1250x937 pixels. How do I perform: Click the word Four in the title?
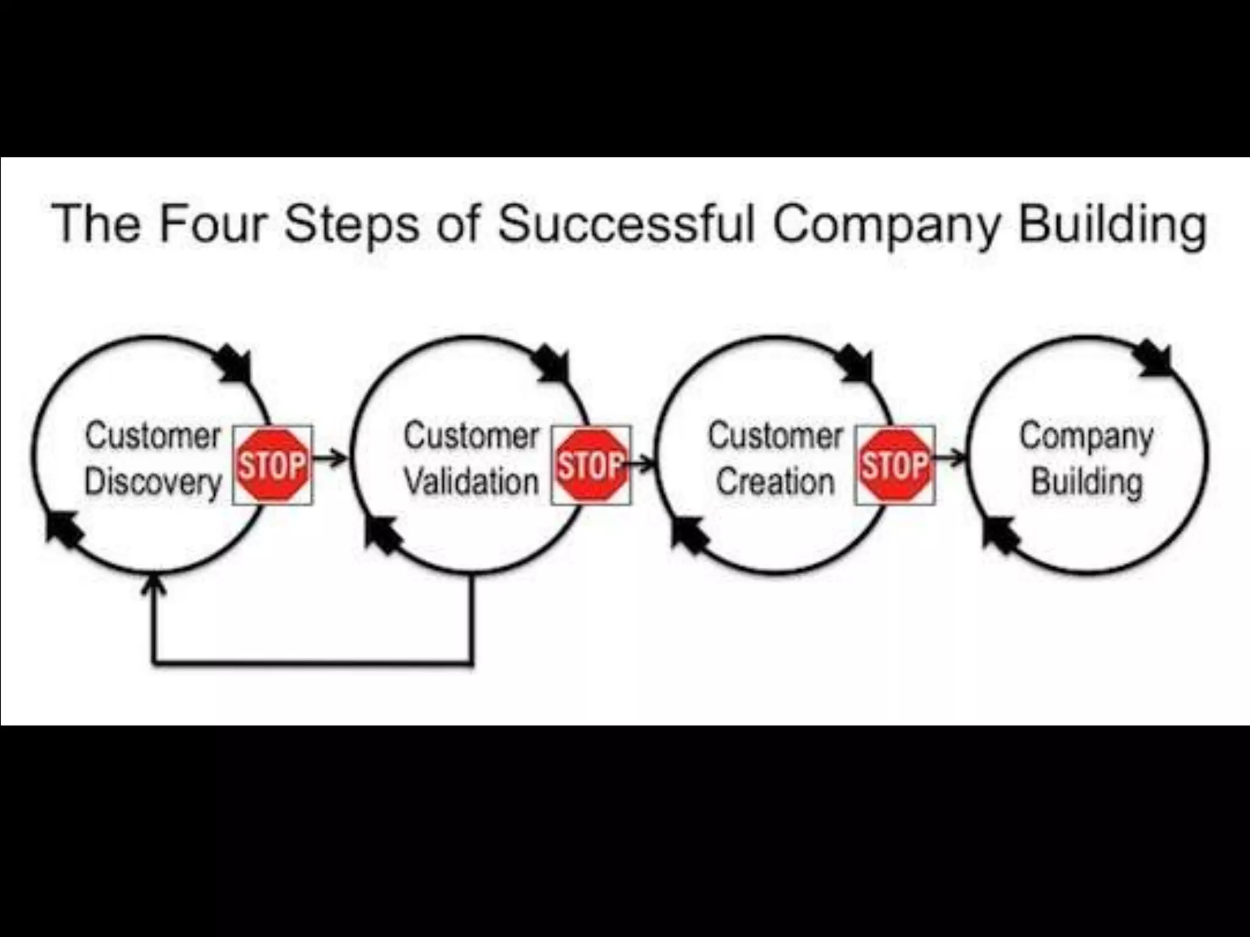click(x=213, y=224)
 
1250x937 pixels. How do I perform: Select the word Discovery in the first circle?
click(x=153, y=483)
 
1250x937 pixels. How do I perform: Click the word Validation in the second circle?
click(x=471, y=483)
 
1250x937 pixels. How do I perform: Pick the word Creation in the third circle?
click(x=775, y=483)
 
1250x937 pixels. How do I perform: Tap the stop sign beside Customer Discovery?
click(x=272, y=465)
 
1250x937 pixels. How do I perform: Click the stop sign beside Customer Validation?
click(x=591, y=465)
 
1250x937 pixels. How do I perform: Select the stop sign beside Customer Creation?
click(x=895, y=465)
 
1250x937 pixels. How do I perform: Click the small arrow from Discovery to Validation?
click(x=330, y=458)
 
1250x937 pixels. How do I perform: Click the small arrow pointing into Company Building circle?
click(x=951, y=458)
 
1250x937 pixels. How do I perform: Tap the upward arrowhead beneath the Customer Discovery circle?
click(x=153, y=586)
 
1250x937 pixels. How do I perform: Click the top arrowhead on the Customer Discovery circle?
click(x=236, y=364)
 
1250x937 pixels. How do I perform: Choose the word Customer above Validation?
click(x=471, y=437)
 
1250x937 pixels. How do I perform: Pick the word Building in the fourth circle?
click(x=1086, y=483)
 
